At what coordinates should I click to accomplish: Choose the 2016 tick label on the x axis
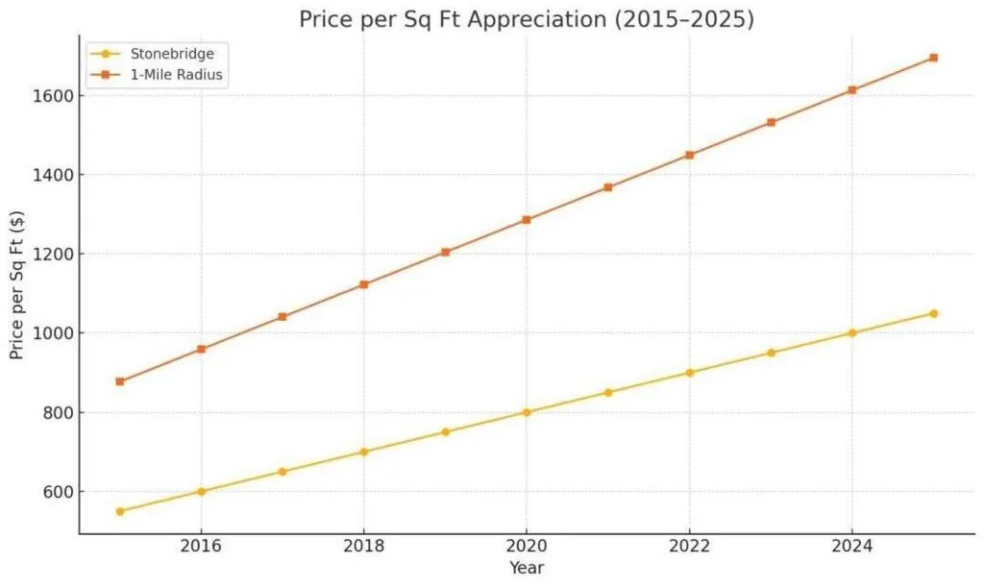[201, 546]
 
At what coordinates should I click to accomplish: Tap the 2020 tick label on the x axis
[527, 546]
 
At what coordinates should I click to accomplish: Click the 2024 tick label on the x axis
[851, 546]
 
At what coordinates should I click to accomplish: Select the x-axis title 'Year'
[527, 568]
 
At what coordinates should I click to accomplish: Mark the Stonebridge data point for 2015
[120, 511]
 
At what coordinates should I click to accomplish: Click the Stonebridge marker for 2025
[933, 313]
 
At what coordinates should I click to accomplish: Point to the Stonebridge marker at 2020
[527, 412]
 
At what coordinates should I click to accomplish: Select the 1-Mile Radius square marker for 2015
[120, 381]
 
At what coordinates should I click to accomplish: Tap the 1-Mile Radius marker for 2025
[933, 58]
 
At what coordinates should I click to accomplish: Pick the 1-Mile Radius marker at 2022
[689, 155]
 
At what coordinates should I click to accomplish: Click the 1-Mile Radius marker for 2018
[363, 284]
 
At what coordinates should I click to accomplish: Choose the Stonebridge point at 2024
[851, 333]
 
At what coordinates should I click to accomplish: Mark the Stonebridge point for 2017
[283, 472]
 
